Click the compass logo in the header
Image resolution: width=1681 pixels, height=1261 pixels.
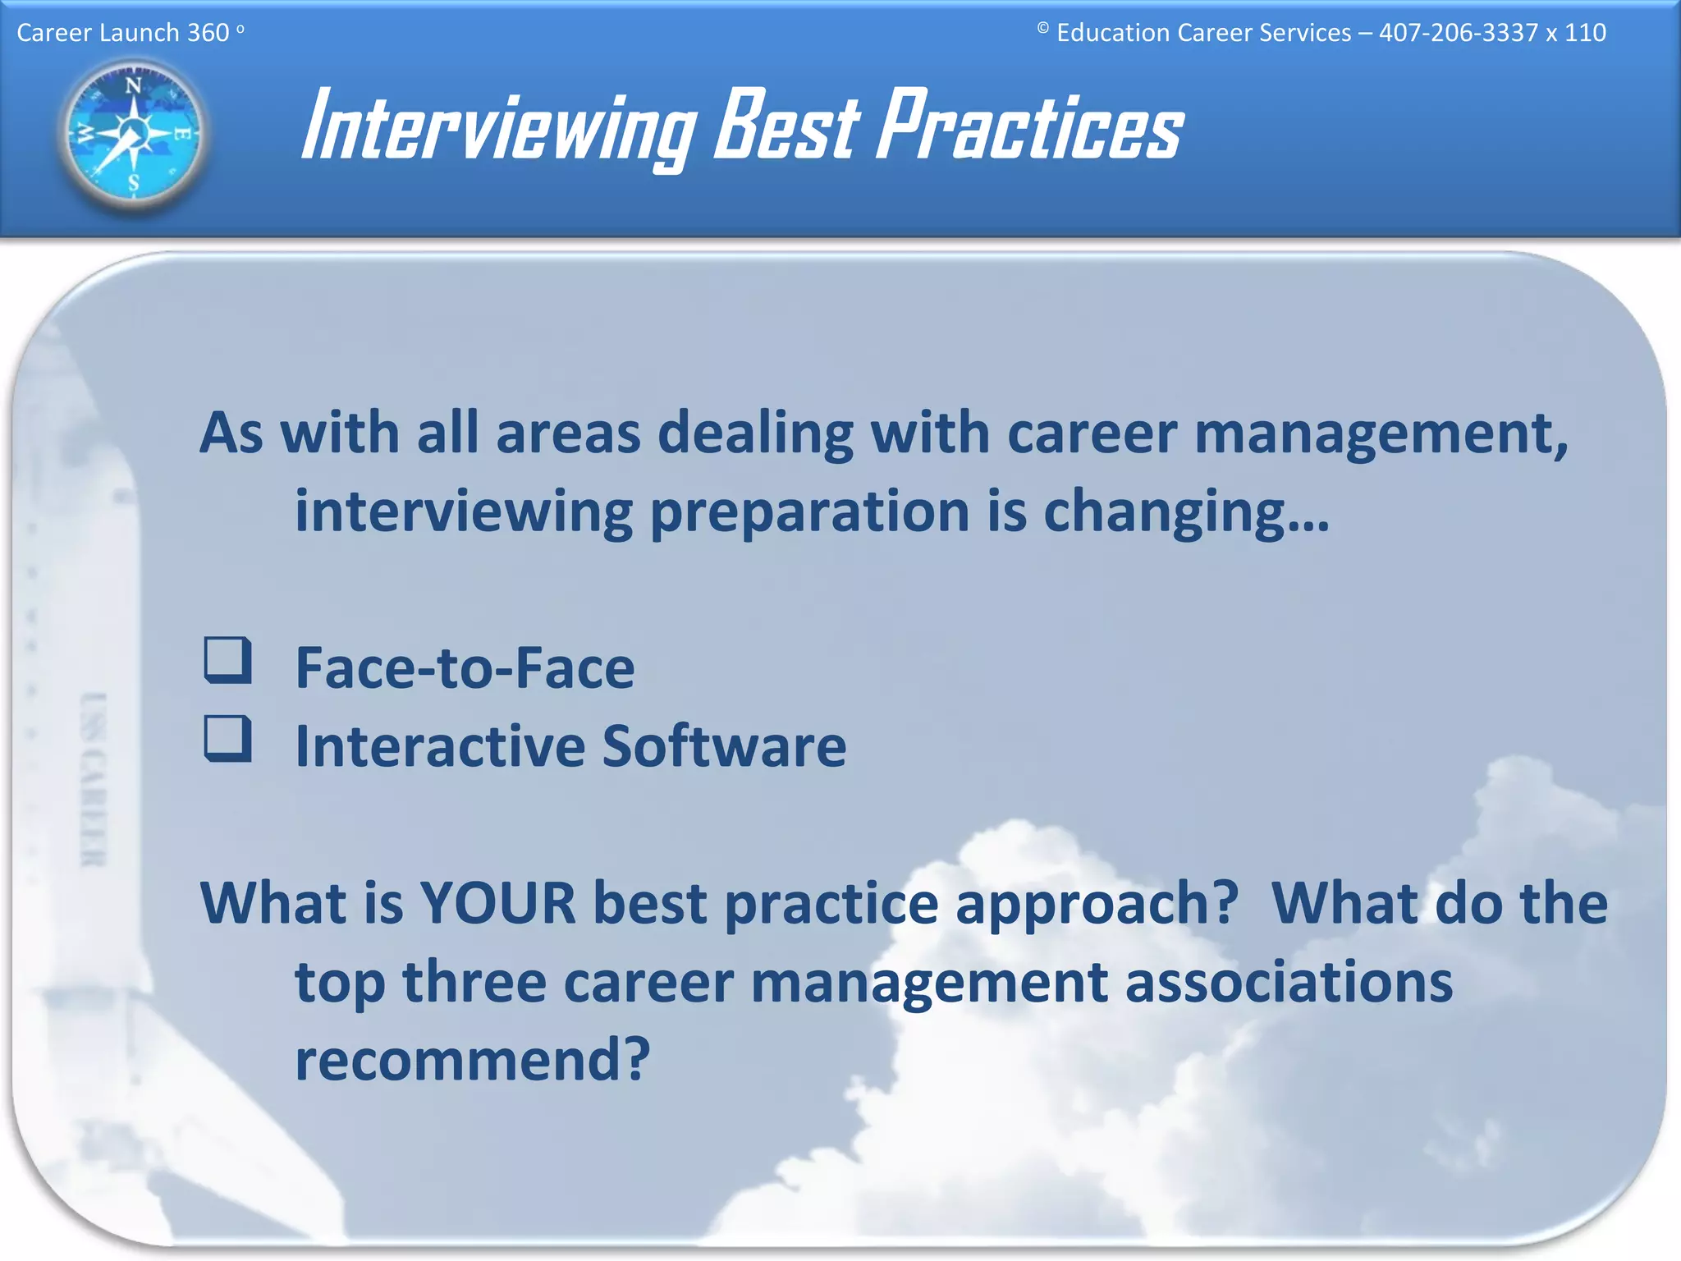click(x=134, y=134)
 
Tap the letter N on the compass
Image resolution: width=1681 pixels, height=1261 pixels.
click(x=133, y=85)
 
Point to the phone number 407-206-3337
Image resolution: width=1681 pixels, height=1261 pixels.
click(x=1458, y=33)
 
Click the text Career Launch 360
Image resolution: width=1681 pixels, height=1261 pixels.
click(x=123, y=33)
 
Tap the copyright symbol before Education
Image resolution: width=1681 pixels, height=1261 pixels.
click(x=1042, y=30)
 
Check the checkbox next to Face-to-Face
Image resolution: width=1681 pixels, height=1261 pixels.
click(x=227, y=660)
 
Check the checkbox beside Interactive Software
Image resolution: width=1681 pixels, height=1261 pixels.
click(x=227, y=738)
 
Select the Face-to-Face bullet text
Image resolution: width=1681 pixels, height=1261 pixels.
click(x=465, y=668)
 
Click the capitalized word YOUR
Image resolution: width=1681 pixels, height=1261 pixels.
click(x=498, y=904)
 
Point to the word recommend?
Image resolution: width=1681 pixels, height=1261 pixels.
click(x=473, y=1060)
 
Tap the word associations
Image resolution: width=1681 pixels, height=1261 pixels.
click(x=1288, y=983)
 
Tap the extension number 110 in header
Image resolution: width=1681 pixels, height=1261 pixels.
click(x=1584, y=33)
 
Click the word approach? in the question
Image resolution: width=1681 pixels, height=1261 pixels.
click(x=1097, y=904)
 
